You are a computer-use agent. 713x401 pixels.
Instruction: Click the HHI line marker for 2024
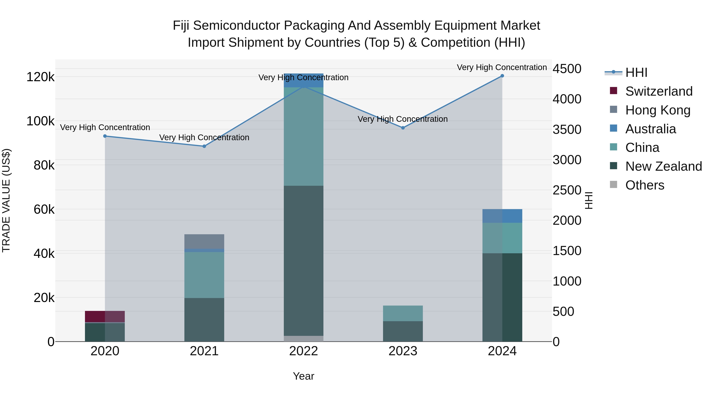502,76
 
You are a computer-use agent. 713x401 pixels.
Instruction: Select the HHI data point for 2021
204,146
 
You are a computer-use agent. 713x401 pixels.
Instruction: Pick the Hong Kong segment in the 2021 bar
204,241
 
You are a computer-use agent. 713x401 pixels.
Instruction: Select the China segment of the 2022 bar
304,136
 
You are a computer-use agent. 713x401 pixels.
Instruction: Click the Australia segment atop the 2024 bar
502,216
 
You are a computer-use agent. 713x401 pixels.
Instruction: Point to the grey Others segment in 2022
304,338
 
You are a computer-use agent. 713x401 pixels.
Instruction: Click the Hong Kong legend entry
658,110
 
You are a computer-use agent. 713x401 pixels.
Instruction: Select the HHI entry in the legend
636,72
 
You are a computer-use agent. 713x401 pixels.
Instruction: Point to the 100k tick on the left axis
40,121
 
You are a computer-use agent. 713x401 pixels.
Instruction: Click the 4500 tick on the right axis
567,69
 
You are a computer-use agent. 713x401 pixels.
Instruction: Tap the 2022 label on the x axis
304,351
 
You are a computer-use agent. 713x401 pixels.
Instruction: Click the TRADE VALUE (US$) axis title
6,200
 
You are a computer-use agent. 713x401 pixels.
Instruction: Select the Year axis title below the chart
304,376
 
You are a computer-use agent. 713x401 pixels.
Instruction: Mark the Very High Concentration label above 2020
105,127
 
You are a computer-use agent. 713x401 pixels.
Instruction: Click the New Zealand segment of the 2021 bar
204,320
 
